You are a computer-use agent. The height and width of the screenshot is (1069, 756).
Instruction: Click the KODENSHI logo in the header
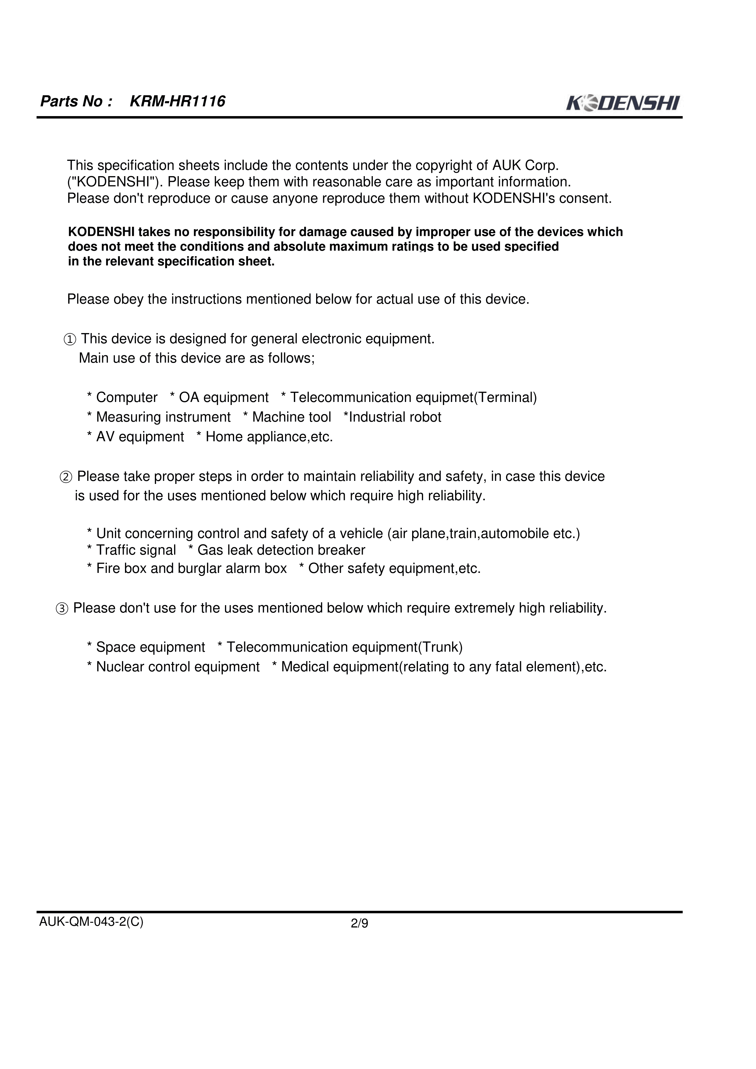click(x=623, y=103)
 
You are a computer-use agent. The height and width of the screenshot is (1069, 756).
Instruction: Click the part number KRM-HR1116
click(x=177, y=101)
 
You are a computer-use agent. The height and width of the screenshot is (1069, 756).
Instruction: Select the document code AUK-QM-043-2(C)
click(x=91, y=922)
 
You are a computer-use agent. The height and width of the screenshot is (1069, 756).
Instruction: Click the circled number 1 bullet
click(x=70, y=340)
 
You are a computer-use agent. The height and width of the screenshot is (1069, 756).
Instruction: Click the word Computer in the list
click(x=127, y=398)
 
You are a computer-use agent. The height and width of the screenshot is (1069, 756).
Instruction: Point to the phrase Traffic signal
click(x=136, y=550)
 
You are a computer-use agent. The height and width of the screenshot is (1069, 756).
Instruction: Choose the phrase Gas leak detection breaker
click(x=281, y=550)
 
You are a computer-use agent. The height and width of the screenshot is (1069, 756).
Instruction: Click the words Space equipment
click(x=151, y=647)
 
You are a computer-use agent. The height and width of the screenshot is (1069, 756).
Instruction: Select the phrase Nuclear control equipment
click(x=177, y=667)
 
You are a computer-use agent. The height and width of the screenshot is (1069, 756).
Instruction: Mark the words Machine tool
click(x=292, y=417)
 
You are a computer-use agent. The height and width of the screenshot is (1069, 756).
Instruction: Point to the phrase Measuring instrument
click(x=163, y=417)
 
